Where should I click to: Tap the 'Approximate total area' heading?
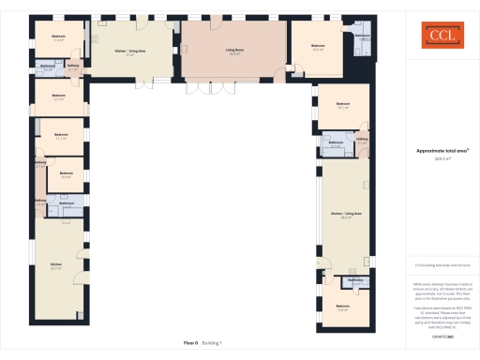(435, 150)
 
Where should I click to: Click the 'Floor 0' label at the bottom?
(191, 343)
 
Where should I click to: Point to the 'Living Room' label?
(234, 52)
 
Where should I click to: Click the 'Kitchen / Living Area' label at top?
(129, 52)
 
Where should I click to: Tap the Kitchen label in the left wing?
(55, 265)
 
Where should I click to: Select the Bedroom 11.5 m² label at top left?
(58, 37)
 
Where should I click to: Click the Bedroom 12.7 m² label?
(58, 97)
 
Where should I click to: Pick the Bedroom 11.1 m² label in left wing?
(61, 136)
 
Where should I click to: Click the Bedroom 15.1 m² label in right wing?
(342, 105)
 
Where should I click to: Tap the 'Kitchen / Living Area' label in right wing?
(346, 215)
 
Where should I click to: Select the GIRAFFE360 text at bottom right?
(435, 323)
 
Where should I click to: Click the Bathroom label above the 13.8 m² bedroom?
(355, 280)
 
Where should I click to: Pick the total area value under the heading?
(435, 158)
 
